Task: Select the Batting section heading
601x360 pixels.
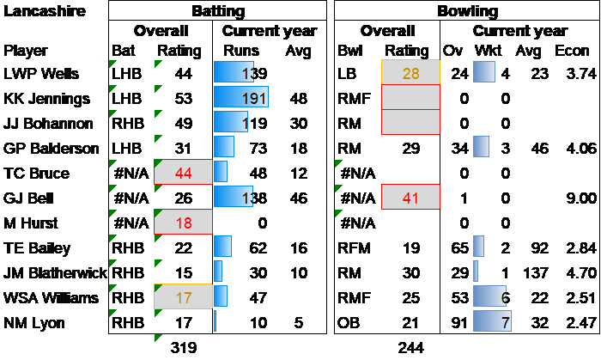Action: (x=217, y=11)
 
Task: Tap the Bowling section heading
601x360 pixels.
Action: (x=467, y=11)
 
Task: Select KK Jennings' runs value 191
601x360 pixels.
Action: (x=255, y=99)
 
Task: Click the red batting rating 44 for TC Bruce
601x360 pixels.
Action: (x=182, y=174)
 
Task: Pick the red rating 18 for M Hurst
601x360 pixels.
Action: (x=182, y=223)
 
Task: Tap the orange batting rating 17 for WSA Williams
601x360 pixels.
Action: (x=182, y=298)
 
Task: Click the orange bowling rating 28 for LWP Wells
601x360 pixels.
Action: (x=410, y=74)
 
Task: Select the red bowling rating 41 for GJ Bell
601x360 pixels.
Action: (x=410, y=198)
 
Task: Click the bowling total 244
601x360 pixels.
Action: (x=410, y=349)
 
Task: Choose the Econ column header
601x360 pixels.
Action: (x=572, y=51)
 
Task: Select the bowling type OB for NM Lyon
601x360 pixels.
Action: (x=349, y=323)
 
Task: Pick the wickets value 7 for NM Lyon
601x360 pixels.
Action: (x=507, y=323)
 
